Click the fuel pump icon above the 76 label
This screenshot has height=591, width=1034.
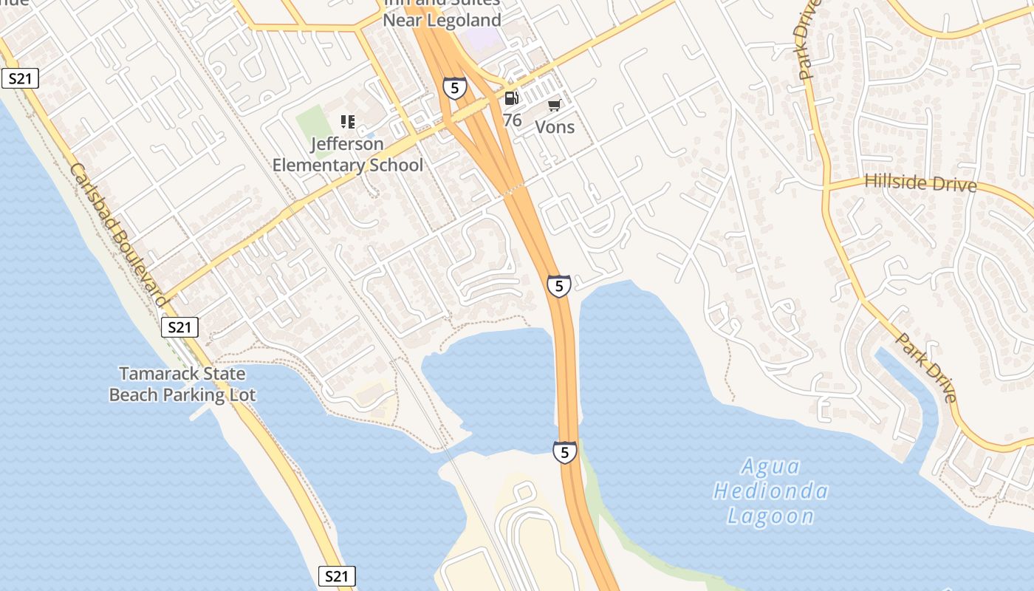click(511, 98)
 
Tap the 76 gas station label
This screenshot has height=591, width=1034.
click(512, 120)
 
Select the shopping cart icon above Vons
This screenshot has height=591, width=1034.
click(555, 106)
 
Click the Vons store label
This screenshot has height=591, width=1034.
click(555, 127)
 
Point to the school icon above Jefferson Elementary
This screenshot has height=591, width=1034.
click(347, 122)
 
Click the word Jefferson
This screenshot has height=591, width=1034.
click(347, 144)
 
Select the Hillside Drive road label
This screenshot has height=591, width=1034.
click(920, 182)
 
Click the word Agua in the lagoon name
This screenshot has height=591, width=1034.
click(770, 467)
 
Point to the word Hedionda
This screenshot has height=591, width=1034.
click(770, 491)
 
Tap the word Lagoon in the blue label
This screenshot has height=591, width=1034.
click(770, 516)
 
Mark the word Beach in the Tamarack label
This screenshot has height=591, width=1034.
click(134, 394)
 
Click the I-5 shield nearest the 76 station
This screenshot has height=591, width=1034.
click(455, 89)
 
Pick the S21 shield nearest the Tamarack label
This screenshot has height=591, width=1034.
click(180, 327)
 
